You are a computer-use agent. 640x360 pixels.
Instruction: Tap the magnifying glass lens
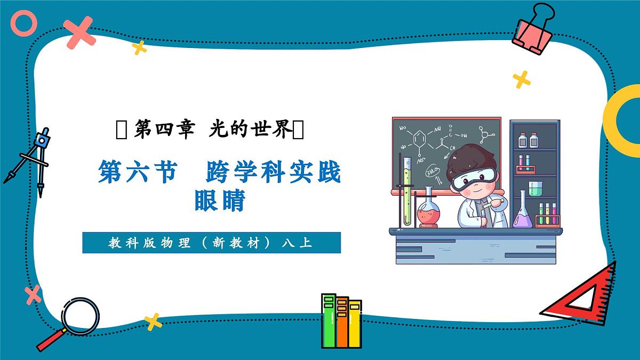[81, 316]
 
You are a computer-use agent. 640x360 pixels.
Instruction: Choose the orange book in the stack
[342, 323]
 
